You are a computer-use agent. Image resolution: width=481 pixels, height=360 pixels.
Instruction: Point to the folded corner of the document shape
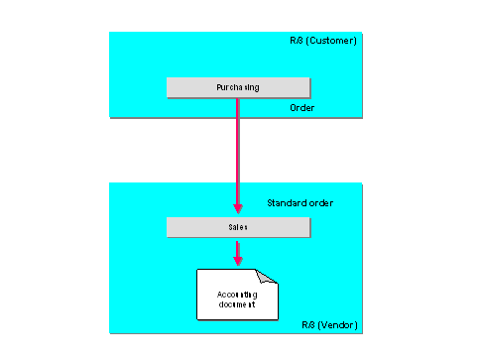tap(271, 277)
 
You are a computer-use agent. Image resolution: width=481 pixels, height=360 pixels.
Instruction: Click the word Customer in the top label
tap(332, 41)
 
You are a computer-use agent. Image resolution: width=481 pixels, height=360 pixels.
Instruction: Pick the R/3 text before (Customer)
tap(297, 41)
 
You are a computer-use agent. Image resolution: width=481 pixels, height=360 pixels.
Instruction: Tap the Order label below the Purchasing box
tap(301, 106)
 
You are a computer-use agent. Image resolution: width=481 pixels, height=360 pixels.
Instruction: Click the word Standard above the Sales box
tap(286, 203)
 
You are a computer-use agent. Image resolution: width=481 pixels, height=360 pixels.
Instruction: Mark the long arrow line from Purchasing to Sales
tap(238, 149)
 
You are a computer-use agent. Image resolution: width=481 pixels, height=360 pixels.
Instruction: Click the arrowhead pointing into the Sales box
tap(238, 210)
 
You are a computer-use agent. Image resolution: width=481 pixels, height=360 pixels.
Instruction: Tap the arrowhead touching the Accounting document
tap(238, 263)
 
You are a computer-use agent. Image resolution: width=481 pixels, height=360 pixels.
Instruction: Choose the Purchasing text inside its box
tap(238, 87)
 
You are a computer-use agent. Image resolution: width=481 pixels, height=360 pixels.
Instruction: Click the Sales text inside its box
tap(238, 227)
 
